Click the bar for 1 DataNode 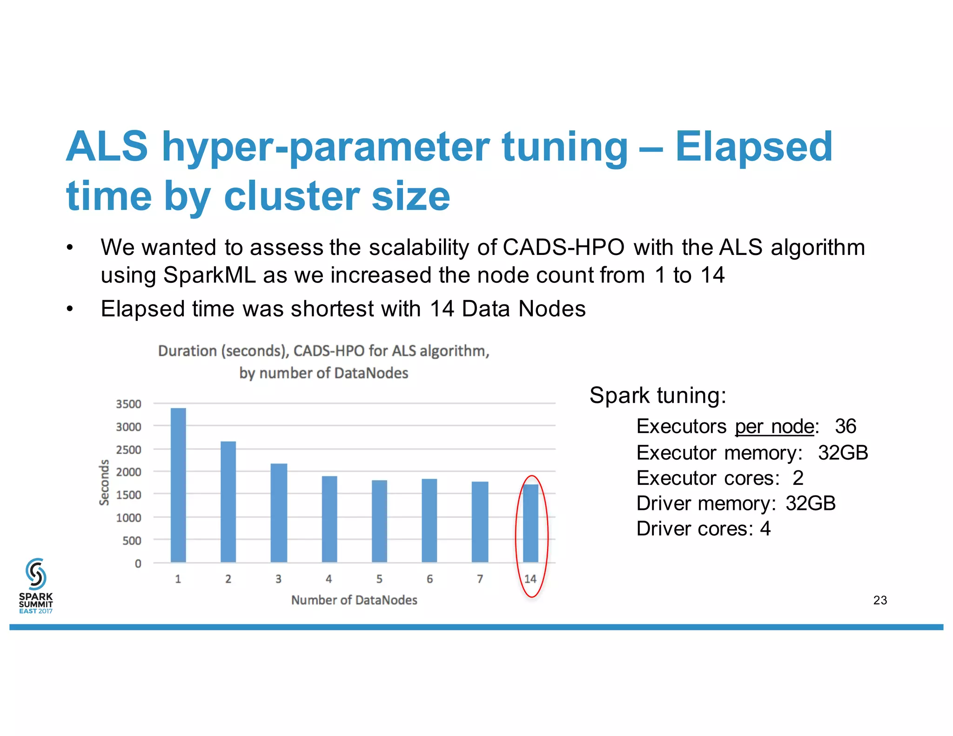178,485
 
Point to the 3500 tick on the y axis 128,404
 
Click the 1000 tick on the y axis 128,517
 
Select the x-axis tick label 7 480,579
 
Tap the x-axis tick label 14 530,579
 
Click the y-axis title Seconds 104,482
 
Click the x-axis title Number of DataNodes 354,600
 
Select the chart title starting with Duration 324,361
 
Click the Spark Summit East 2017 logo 36,586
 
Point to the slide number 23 880,600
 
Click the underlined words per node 774,426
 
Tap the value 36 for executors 846,426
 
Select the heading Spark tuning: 658,395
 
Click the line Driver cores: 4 703,529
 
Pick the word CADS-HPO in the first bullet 564,247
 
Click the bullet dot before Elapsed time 70,309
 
